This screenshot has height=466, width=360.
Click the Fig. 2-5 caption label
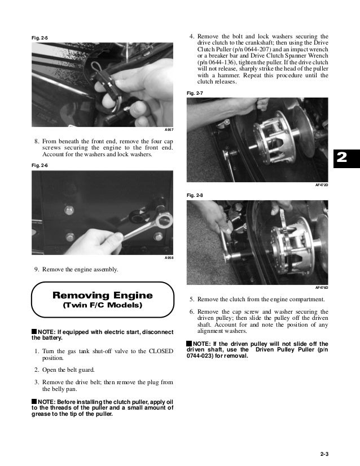coord(39,38)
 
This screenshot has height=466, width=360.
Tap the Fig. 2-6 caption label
coord(39,165)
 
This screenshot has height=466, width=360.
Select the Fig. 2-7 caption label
coord(195,93)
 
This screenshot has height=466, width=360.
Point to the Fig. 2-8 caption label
coord(195,195)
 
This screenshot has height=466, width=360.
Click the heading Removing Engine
coord(103,295)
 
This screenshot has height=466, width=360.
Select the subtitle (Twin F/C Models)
coord(103,305)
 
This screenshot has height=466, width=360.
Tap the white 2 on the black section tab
coord(342,157)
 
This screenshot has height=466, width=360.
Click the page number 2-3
coord(324,454)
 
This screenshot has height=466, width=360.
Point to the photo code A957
coord(169,130)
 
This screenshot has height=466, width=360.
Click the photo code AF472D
coord(322,185)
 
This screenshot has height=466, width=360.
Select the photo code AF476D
coord(322,288)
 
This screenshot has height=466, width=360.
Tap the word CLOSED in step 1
coord(161,351)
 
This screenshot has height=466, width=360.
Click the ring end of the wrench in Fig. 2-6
coord(165,221)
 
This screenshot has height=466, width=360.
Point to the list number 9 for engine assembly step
coord(37,270)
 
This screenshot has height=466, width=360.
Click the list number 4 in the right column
coord(192,37)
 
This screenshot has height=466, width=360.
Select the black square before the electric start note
coord(34,331)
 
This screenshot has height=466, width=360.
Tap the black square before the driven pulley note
coord(190,343)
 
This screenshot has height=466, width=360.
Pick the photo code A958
coord(169,258)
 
